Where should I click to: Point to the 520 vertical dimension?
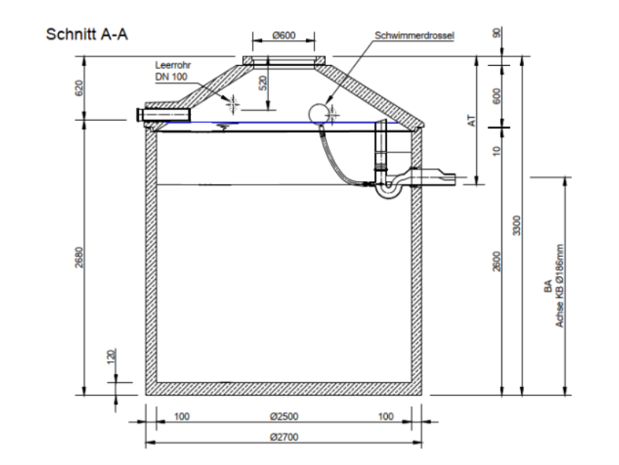coord(263,84)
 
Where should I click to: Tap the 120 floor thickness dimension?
coord(111,357)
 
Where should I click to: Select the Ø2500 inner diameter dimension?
coord(284,416)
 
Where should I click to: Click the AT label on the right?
coord(469,121)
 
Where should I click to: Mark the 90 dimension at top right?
coord(495,33)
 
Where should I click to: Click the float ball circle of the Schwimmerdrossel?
coord(317,113)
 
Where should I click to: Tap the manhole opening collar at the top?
coord(284,61)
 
